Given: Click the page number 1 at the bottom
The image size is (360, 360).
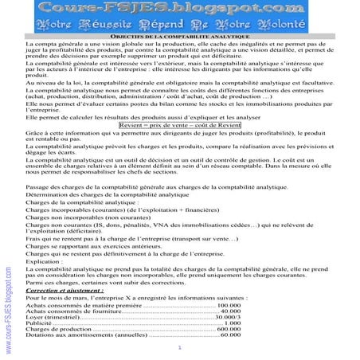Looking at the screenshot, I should [x=180, y=348].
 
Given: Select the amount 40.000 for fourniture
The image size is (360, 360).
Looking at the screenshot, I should [x=230, y=311].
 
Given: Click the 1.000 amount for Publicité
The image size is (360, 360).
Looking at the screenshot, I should [x=233, y=325].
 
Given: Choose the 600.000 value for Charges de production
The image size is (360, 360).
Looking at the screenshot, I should [x=229, y=330].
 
